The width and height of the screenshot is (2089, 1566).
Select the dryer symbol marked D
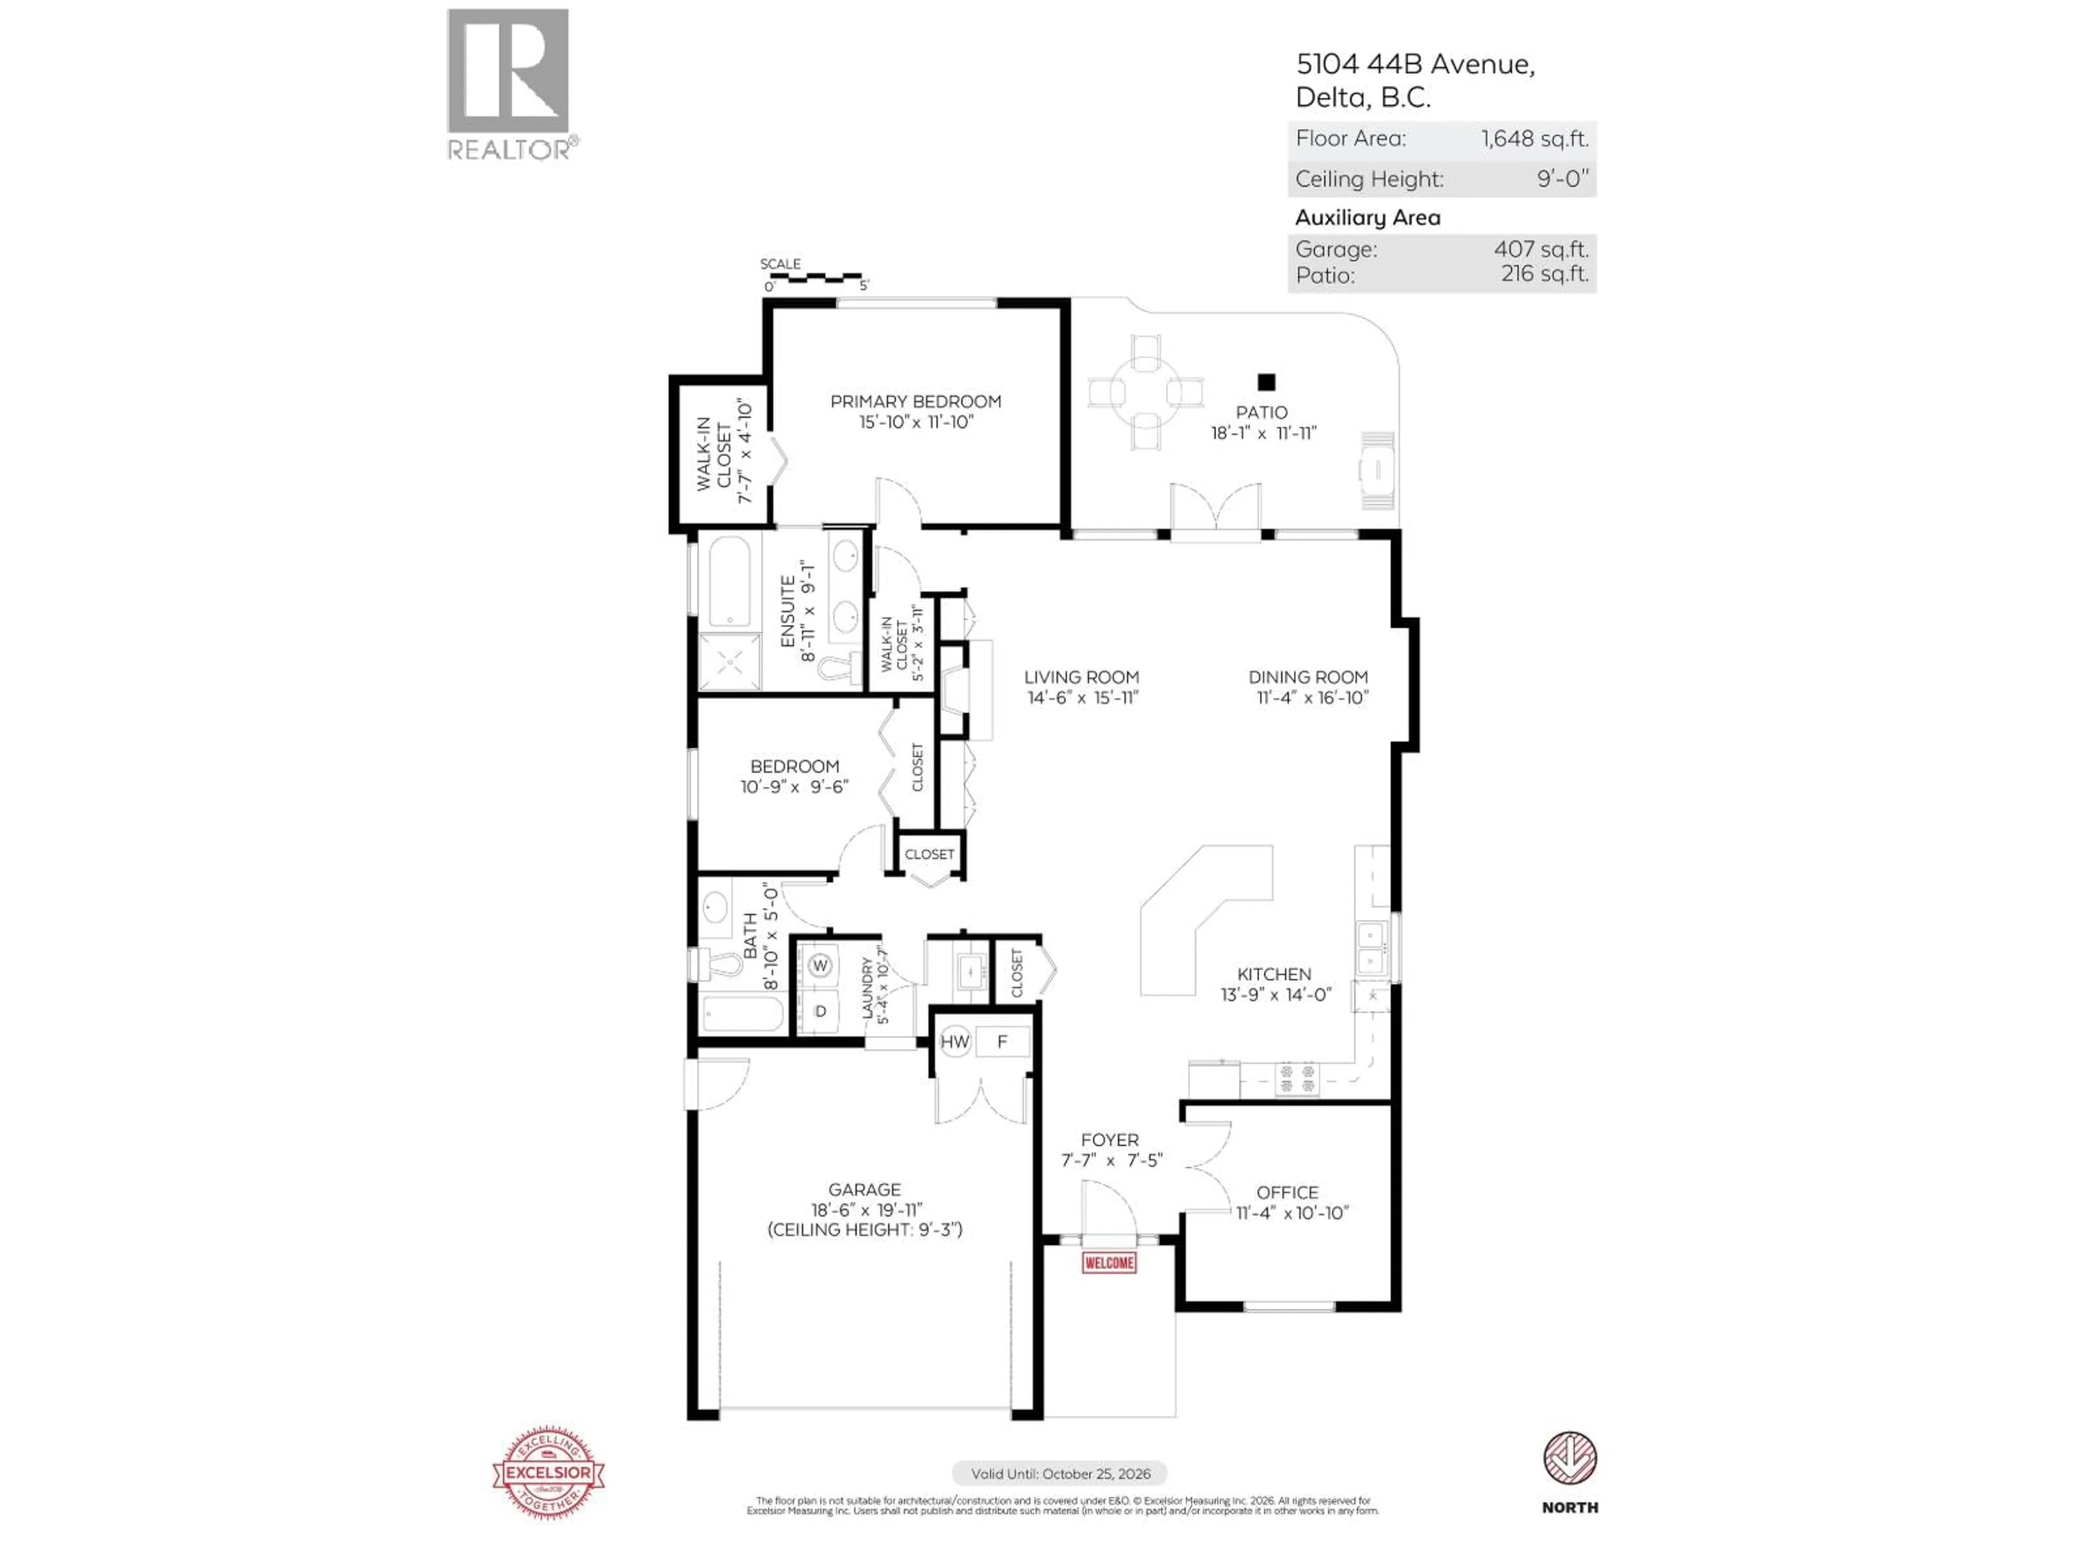coord(820,1011)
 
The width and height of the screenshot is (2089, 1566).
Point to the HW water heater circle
coord(955,1042)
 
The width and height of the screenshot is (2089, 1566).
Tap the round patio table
coord(1146,391)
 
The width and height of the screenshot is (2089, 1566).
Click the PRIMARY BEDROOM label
coord(915,401)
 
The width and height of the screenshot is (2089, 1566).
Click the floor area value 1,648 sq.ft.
coord(1534,139)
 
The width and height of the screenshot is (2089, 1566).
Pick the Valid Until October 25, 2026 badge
coord(1060,1474)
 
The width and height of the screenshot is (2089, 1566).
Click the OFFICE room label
coord(1287,1192)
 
